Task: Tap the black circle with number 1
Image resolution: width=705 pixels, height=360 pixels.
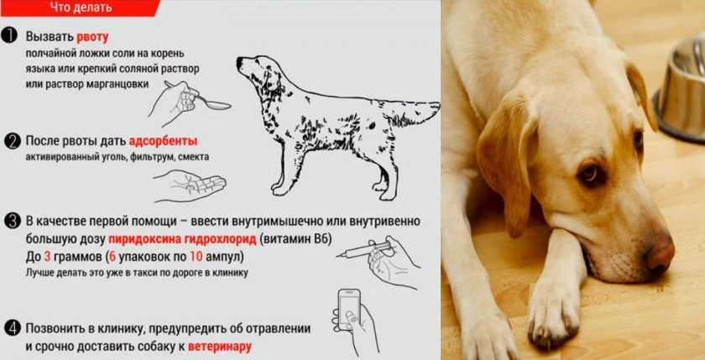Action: pos(9,36)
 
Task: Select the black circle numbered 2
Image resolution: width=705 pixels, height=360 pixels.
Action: pos(12,142)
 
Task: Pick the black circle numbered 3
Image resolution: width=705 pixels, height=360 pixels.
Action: pos(12,222)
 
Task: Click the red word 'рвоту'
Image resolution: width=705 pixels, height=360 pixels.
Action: pos(92,37)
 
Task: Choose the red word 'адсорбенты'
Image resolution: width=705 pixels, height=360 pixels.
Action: pos(163,141)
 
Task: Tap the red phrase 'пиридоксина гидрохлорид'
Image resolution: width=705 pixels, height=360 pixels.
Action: pos(183,239)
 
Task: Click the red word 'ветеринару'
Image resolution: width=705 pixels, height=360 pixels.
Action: pos(220,347)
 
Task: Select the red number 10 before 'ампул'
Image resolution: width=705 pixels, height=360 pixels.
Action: pos(196,257)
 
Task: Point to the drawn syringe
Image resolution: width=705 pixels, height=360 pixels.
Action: pos(364,250)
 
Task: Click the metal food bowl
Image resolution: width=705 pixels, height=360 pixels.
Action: pos(680,89)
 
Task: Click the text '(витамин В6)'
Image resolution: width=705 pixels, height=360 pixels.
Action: pos(295,239)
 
